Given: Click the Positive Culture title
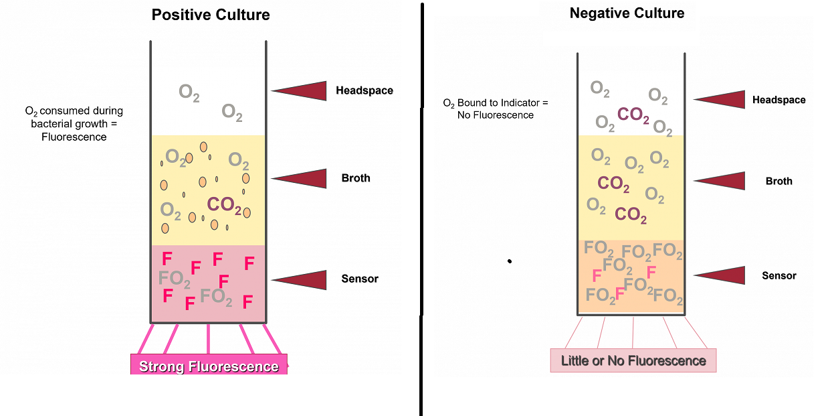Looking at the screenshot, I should coord(211,15).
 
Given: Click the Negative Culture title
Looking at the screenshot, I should coord(627,13).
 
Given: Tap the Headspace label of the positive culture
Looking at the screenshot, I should coord(365,90).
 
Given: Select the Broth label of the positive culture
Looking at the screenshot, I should coord(356,178).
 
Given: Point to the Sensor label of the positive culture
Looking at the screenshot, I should coord(360,279).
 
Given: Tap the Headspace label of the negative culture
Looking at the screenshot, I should coord(779,100).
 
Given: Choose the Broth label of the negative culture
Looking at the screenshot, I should coord(779,181).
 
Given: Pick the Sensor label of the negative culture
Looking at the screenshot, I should coord(779,275).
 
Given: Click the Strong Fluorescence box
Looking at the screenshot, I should coord(209,366).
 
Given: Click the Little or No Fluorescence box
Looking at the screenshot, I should coord(633,361).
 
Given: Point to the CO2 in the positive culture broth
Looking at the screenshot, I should coord(224,205).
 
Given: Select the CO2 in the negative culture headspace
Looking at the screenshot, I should coord(633,115).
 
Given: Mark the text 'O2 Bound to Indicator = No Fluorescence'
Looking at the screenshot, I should coord(495,109).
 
